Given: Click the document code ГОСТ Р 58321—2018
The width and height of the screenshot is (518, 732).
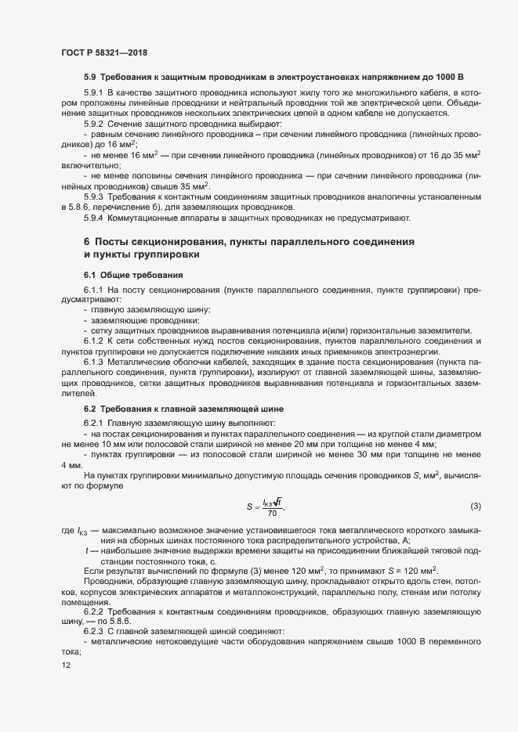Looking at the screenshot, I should (103, 52).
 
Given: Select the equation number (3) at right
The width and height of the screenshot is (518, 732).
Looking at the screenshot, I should (476, 507).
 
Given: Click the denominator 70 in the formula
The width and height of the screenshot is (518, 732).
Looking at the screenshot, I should (271, 514).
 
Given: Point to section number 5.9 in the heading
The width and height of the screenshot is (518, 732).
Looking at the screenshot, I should (90, 78).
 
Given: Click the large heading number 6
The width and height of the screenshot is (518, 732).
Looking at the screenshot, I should (87, 242).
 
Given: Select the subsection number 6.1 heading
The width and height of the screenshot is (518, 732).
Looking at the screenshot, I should (90, 275).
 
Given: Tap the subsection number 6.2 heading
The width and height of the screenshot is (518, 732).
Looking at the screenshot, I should (90, 409).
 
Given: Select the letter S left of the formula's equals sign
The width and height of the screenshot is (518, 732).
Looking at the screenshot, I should (249, 507).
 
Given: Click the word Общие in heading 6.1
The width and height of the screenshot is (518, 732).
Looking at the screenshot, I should (120, 275).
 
